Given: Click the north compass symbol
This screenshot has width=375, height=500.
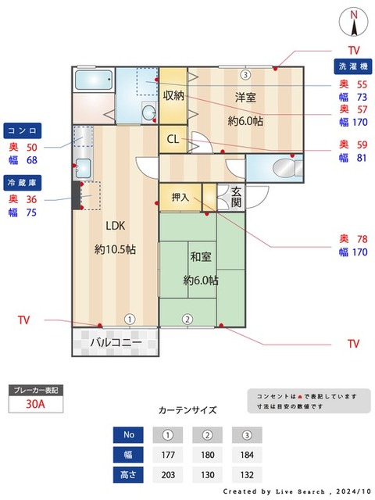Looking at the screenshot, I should (354, 22).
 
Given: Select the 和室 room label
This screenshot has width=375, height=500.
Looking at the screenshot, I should (201, 255).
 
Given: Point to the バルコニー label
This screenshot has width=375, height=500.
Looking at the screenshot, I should (115, 342).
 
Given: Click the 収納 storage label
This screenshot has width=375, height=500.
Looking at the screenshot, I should (173, 95).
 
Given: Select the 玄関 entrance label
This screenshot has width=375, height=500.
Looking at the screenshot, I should (236, 197).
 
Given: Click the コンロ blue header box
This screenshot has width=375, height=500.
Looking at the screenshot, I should (23, 130).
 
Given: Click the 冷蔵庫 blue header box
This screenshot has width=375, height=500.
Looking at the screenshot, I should (23, 181).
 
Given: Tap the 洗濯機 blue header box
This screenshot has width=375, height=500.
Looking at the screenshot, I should (352, 66).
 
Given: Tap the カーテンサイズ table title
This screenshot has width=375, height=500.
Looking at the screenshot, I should (187, 409).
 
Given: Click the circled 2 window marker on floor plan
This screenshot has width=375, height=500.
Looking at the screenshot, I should (187, 319).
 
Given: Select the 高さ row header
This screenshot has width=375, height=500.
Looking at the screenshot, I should (128, 474).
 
